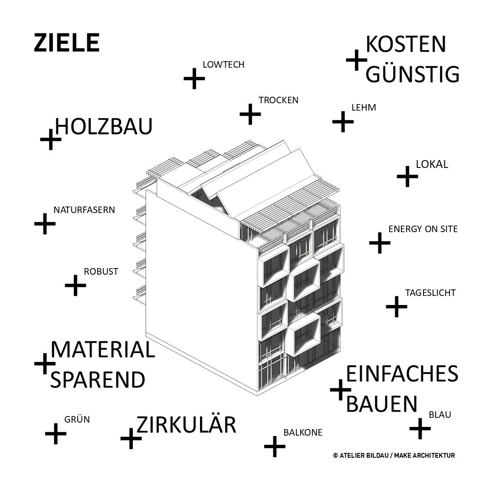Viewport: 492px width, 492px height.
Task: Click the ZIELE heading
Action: point(66,43)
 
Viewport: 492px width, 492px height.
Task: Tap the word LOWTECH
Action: point(223,65)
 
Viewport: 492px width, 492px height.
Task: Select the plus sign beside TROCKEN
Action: point(250,115)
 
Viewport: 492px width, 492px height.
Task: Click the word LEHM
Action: point(364,107)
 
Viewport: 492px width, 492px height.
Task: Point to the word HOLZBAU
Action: point(104,126)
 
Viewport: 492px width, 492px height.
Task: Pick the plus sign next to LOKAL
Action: point(407,176)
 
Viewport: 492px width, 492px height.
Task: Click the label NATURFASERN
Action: point(84,210)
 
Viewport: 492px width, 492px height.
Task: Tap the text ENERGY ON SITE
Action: point(423,229)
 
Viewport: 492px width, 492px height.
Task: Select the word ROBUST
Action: point(101,272)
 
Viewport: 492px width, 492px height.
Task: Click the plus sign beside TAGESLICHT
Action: point(397,307)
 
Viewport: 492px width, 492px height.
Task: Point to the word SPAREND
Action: point(98,380)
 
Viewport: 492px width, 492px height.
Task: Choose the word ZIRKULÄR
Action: point(186,425)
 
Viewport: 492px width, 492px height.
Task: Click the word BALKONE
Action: point(302,433)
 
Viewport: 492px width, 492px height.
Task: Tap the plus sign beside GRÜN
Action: point(56,433)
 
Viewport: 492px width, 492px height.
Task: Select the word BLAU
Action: point(440,415)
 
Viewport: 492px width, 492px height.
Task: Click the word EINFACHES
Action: point(402,374)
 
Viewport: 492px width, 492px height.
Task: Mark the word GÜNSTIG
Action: point(413,74)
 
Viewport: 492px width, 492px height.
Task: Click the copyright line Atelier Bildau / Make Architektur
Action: point(394,456)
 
